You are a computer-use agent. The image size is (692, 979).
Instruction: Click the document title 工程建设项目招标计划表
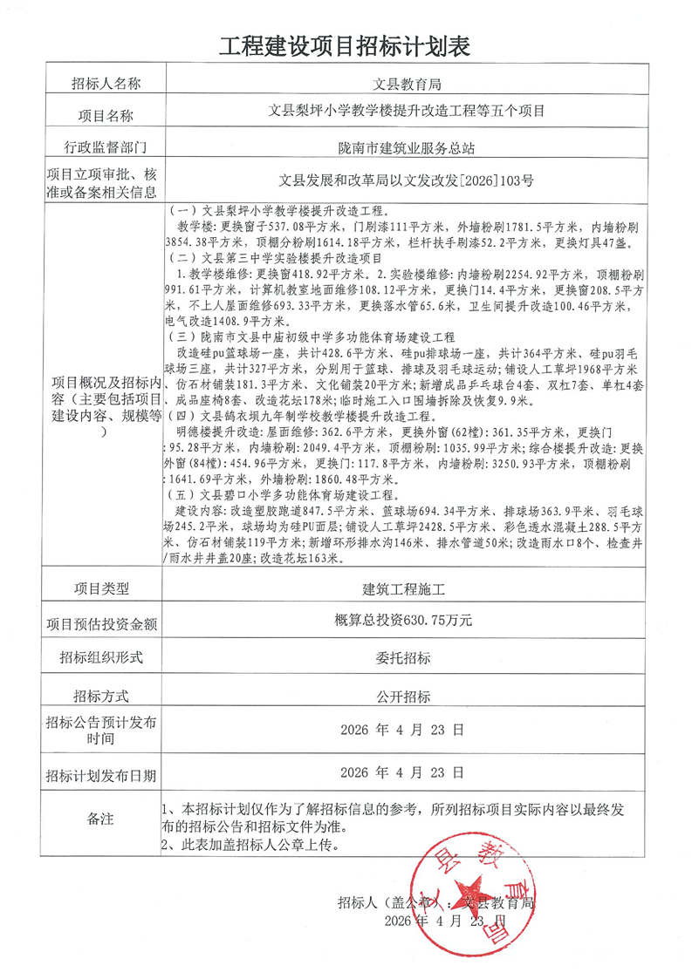pos(346,46)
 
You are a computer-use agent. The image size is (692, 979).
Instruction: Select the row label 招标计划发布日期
pos(101,773)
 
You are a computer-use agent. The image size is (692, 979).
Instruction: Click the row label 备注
pos(101,819)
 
